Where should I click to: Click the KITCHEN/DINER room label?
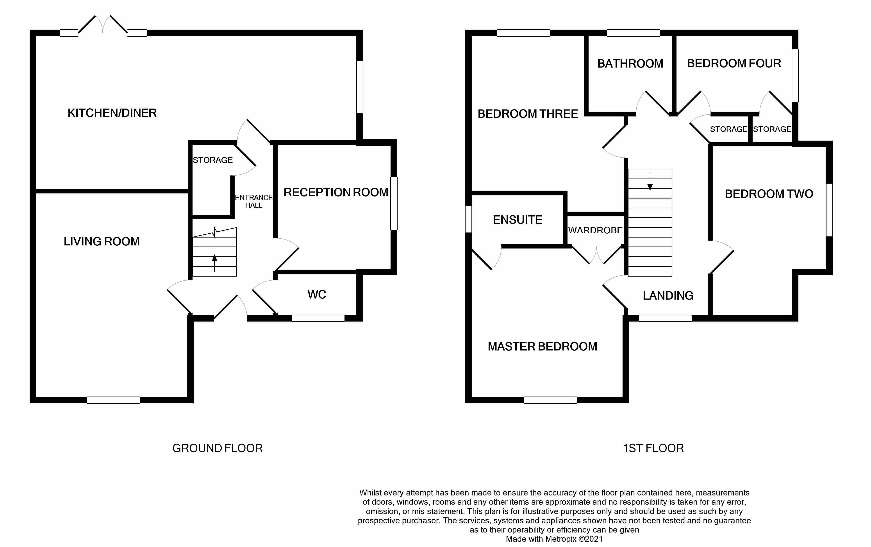click(x=112, y=113)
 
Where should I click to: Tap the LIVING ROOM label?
click(x=102, y=242)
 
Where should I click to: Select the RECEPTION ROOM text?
click(x=336, y=193)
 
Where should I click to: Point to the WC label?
click(x=317, y=295)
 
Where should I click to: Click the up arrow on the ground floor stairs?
click(x=214, y=262)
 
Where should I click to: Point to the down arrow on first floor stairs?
click(x=650, y=183)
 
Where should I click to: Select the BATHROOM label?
click(x=630, y=64)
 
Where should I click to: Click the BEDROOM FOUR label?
click(x=734, y=64)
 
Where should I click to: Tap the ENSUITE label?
click(x=518, y=220)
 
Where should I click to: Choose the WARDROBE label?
click(x=595, y=231)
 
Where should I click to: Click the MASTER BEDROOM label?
click(x=542, y=347)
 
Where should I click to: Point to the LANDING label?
click(x=668, y=296)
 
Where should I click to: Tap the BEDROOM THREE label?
click(x=528, y=114)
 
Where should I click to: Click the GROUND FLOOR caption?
click(x=217, y=448)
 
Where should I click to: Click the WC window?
click(x=318, y=318)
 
